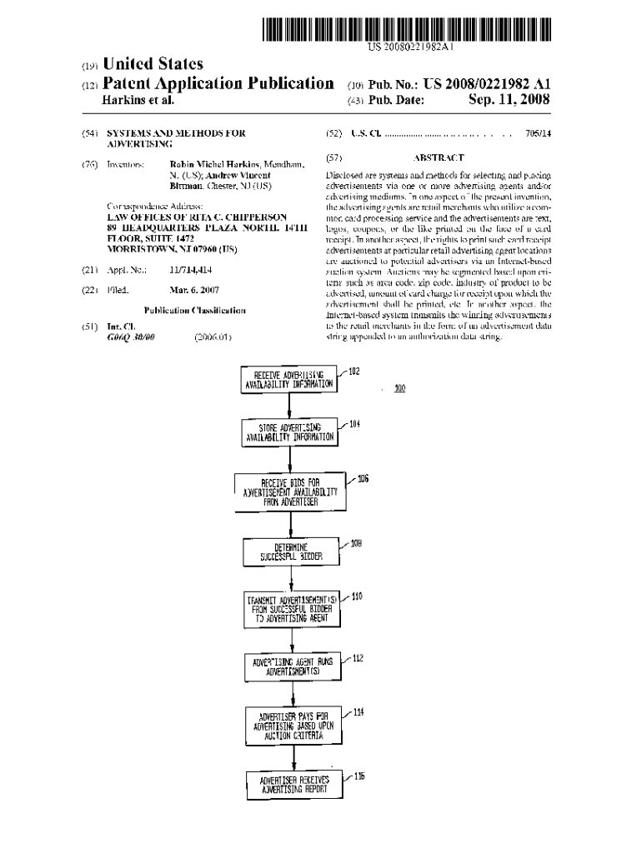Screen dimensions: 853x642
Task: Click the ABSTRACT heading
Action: click(438, 157)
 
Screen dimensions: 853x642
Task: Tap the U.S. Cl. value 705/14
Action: click(539, 133)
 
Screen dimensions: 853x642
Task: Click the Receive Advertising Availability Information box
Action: click(288, 380)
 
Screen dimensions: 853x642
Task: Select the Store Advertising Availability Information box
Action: click(288, 431)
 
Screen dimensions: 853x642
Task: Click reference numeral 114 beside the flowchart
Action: click(358, 713)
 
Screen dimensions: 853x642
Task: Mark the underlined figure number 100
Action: click(400, 389)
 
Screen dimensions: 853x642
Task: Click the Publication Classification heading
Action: click(194, 310)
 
